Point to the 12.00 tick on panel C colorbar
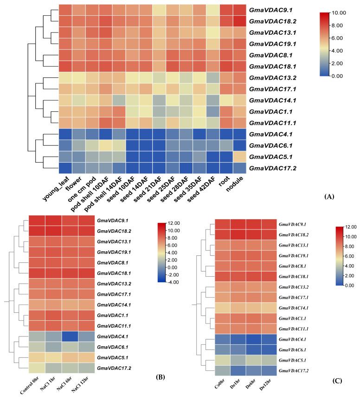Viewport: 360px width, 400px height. click(x=350, y=227)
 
